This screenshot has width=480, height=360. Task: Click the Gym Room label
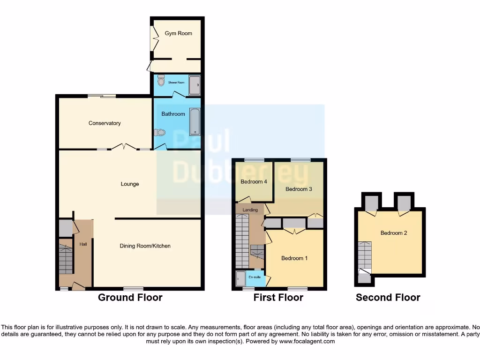178,33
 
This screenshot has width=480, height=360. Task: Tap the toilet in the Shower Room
161,81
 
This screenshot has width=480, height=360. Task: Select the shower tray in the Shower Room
194,85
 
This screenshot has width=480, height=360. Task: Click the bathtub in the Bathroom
194,121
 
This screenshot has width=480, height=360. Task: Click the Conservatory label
105,123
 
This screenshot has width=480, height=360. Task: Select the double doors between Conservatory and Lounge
124,147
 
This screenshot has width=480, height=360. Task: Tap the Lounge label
130,184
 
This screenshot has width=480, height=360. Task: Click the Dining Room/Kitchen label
145,246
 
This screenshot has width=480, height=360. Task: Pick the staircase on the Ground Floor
66,256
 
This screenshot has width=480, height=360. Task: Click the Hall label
82,244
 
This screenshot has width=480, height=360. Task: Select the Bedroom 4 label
254,182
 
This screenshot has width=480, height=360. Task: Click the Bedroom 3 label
299,189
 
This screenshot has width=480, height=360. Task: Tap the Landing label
250,210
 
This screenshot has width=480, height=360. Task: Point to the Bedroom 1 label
294,258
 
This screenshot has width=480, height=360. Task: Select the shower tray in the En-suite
240,278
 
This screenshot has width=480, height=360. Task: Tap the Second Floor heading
388,298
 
